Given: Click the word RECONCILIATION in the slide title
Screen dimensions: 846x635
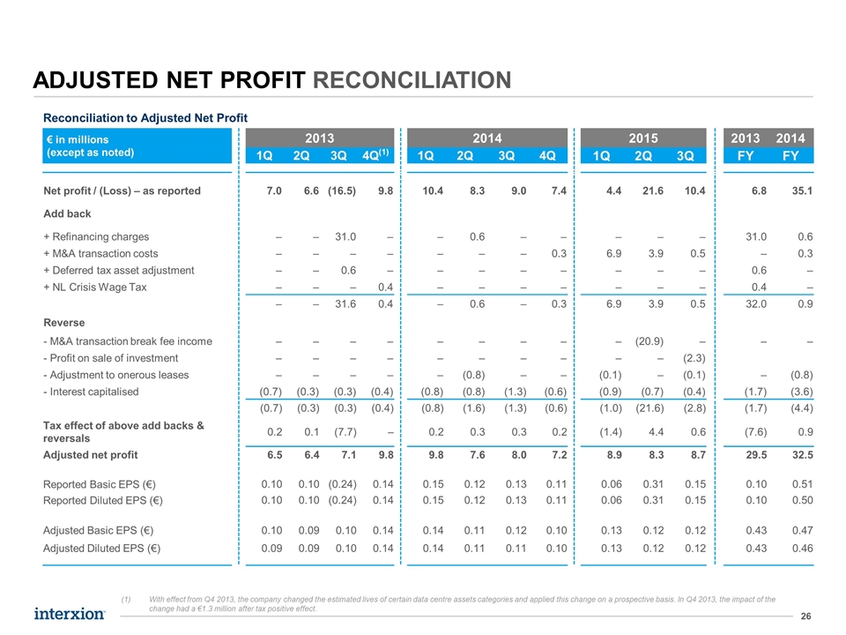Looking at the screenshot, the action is (412, 80).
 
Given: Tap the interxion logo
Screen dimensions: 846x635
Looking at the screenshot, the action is (70, 614).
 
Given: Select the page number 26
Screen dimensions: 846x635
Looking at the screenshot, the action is (806, 616).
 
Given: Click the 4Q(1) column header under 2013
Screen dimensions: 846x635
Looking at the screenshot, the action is (375, 155).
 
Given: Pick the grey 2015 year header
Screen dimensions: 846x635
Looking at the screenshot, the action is (643, 138).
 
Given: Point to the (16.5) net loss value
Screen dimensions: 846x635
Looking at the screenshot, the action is (342, 190).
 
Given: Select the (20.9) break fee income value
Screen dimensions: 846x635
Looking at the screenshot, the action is (649, 341).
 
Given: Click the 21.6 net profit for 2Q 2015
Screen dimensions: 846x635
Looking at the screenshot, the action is (653, 190).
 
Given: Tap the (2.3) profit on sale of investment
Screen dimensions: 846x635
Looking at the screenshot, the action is (694, 358).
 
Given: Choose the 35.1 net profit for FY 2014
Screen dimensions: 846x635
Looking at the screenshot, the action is (802, 190).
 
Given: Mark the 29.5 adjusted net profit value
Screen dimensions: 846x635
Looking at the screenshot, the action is (756, 455).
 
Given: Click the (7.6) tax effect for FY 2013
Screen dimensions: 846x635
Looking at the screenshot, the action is (755, 432).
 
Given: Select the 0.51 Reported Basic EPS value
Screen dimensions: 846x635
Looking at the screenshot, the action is (802, 484).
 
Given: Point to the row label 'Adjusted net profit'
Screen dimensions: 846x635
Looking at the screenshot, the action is (91, 455).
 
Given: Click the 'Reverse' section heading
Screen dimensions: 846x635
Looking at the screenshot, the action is (64, 323).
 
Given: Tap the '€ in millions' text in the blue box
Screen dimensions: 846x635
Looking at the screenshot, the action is (78, 140).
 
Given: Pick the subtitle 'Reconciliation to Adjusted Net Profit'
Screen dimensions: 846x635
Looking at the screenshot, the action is (145, 117).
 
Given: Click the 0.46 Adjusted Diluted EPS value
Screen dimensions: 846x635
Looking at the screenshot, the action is (802, 549).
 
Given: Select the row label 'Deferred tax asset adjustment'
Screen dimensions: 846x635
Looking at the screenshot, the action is (119, 271).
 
